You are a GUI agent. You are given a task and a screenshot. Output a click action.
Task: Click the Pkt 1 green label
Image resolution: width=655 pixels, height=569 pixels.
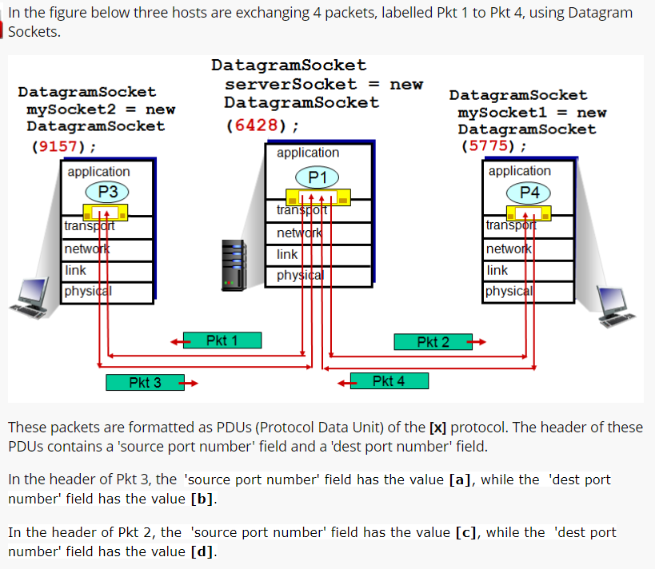[x=222, y=340]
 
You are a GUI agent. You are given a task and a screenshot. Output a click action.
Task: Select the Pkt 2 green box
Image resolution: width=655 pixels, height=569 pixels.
[x=433, y=342]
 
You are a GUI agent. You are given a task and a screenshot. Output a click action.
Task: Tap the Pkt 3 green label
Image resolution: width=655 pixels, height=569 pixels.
[x=145, y=383]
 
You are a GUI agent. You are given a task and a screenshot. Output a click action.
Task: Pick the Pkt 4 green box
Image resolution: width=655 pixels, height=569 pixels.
[x=389, y=381]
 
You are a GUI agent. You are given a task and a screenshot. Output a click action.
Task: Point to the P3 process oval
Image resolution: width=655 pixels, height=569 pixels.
[x=108, y=192]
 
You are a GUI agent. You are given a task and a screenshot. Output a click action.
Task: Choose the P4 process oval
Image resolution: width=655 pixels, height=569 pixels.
[x=529, y=192]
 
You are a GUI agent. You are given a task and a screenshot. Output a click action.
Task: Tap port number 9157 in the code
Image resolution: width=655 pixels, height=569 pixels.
[x=58, y=146]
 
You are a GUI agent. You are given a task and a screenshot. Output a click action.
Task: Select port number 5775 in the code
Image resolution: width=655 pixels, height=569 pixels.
[x=488, y=146]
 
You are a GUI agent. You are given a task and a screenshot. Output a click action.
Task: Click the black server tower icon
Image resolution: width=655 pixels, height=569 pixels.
[x=233, y=265]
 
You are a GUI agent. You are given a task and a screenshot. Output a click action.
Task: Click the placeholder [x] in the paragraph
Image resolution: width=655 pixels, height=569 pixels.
[x=437, y=427]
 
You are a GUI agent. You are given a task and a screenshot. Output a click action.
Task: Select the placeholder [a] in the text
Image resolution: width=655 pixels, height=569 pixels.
[x=458, y=479]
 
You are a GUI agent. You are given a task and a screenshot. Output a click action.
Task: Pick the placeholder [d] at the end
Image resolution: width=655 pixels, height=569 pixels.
[x=203, y=551]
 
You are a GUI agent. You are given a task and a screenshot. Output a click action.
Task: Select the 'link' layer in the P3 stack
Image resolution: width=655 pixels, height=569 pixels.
[x=75, y=271]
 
